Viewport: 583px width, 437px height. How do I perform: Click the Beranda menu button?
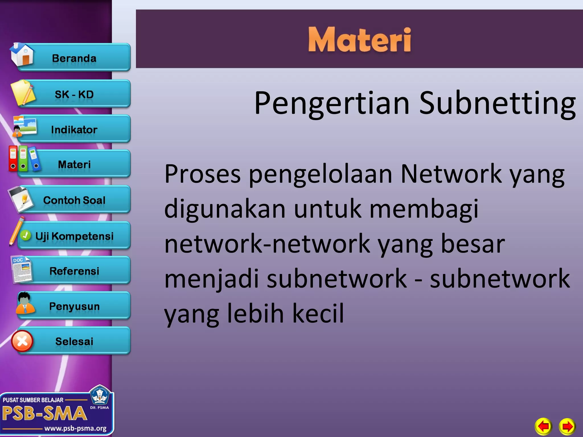point(74,58)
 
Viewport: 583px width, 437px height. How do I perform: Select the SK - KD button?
point(74,94)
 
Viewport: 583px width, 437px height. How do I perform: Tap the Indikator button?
point(74,130)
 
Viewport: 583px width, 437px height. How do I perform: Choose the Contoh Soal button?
point(74,200)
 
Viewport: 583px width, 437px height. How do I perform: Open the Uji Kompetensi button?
point(74,236)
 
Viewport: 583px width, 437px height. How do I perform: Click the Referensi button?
point(74,271)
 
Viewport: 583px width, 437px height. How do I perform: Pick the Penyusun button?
point(74,306)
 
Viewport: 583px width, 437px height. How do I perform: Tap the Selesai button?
point(74,341)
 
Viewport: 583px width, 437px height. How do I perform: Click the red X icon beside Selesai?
point(22,341)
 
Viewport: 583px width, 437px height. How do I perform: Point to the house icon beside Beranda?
point(22,55)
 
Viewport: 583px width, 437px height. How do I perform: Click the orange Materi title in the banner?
point(360,40)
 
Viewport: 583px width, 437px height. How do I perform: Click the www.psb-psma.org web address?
point(75,428)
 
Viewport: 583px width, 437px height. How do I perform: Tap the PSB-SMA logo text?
point(44,413)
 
